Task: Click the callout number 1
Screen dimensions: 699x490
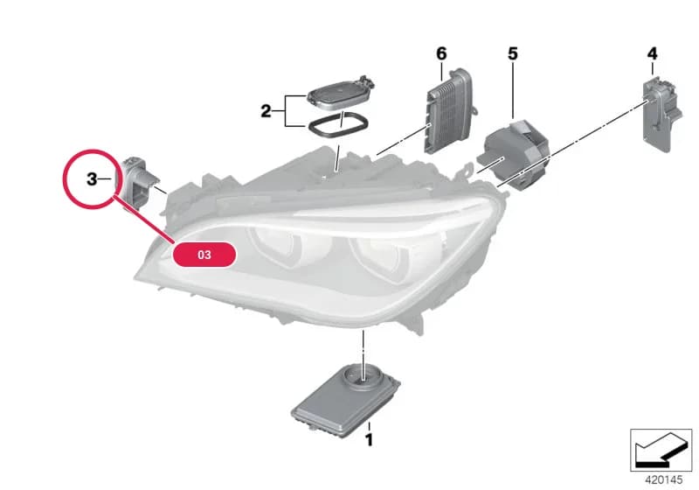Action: tap(369, 440)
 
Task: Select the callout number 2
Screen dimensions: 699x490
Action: tap(266, 110)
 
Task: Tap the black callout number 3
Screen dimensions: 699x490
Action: tap(92, 179)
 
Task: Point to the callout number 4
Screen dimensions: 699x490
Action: tap(652, 54)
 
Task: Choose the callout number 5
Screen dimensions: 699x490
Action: tap(513, 54)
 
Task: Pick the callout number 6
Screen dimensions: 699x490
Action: tap(441, 54)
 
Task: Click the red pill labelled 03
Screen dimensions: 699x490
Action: tap(204, 255)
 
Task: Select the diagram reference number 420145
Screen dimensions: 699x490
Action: tap(664, 480)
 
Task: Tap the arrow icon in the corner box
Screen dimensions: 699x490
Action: tap(661, 449)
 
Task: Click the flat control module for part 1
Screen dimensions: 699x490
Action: tap(345, 400)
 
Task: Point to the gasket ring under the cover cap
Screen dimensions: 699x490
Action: tap(337, 125)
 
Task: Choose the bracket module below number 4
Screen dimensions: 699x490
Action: tap(661, 114)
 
